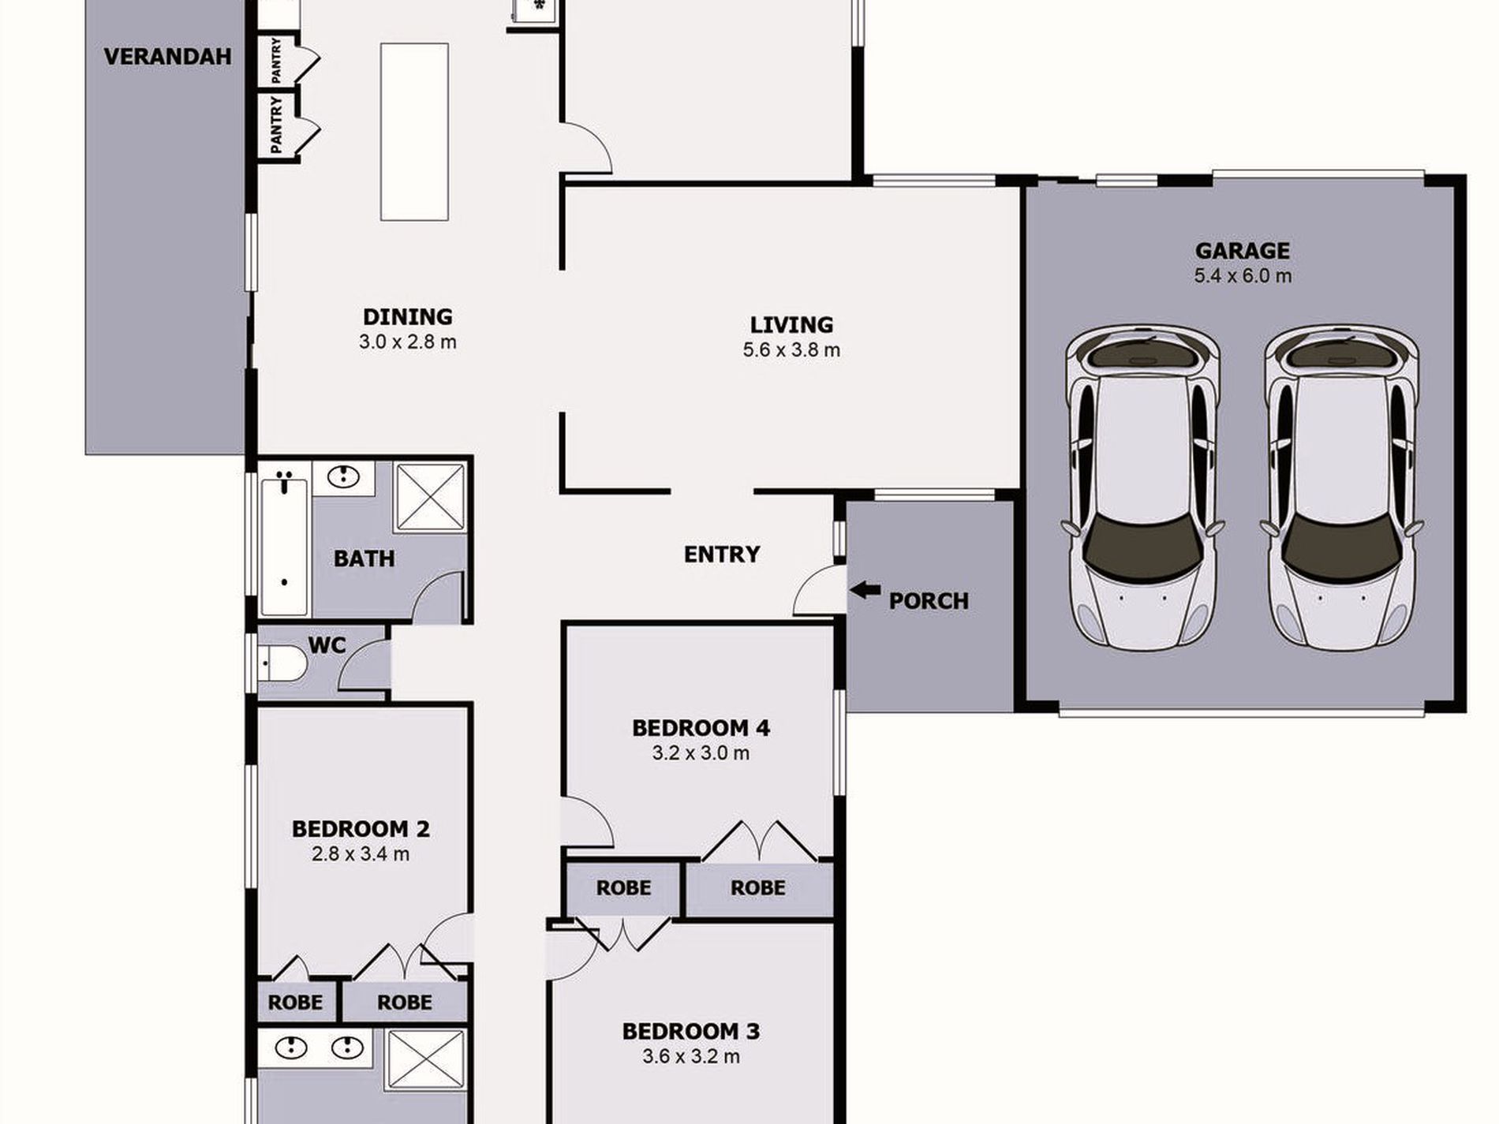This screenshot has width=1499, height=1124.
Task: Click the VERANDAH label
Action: point(167,57)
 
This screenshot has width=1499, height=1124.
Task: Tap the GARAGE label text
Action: point(1242,251)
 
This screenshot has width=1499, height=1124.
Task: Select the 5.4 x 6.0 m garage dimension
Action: point(1242,276)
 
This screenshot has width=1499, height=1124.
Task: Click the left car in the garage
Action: point(1142,487)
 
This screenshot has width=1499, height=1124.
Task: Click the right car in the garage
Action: point(1341,487)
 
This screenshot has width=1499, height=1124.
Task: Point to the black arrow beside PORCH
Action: point(865,589)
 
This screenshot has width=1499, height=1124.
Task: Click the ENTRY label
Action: point(721,555)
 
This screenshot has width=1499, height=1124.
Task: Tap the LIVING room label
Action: point(791,325)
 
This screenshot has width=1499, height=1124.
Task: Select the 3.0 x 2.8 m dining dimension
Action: point(407,342)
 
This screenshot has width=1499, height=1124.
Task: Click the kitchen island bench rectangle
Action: point(414,132)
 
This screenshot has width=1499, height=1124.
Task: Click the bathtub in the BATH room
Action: point(284,544)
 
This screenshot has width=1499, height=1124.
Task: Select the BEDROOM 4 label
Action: point(701,728)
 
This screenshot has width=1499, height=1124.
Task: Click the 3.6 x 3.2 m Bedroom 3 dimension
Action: point(690,1056)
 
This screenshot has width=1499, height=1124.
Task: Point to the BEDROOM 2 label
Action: point(361,829)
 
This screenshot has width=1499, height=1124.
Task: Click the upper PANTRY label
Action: point(276,61)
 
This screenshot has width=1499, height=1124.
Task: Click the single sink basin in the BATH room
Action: point(344,476)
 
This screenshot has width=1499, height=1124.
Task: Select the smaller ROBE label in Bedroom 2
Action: point(295,1003)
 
